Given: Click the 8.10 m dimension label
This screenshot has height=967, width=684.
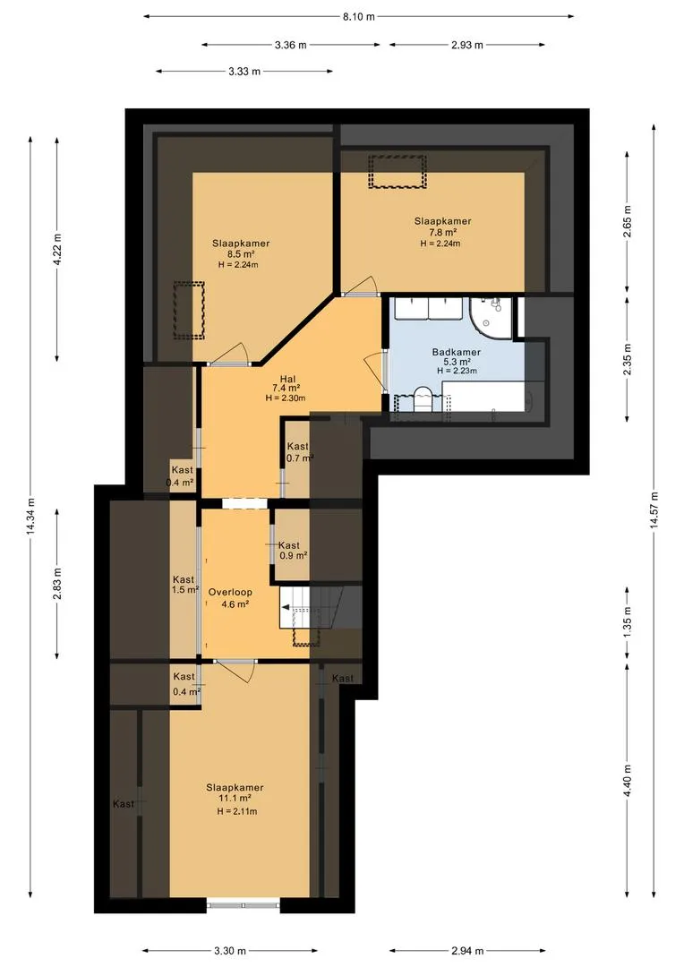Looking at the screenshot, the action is (359, 17).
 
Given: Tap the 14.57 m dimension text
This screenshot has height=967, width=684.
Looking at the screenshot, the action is (654, 509).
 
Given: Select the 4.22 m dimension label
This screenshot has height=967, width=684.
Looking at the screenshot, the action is (57, 250).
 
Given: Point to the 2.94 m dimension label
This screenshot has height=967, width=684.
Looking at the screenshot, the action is (467, 950).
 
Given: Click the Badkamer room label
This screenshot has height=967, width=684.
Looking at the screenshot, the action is (457, 352).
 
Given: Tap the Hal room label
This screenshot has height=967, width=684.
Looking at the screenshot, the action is (287, 379).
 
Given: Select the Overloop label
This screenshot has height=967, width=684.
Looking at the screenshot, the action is (230, 592).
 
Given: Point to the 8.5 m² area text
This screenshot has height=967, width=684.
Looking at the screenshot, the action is (241, 253).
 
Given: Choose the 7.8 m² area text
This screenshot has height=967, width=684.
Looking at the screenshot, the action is (443, 232).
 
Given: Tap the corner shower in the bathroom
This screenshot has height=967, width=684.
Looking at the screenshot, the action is (491, 318).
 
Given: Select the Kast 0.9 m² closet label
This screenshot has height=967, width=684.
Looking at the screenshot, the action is (293, 550).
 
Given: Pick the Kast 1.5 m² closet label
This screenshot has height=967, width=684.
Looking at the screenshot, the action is (184, 584).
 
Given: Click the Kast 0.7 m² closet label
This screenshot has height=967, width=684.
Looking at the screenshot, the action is (299, 451).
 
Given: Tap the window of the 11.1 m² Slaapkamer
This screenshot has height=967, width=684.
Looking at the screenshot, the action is (243, 905).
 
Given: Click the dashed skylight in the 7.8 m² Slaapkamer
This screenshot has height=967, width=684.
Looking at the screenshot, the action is (398, 172).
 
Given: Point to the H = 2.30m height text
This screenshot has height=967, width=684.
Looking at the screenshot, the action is (286, 398).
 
